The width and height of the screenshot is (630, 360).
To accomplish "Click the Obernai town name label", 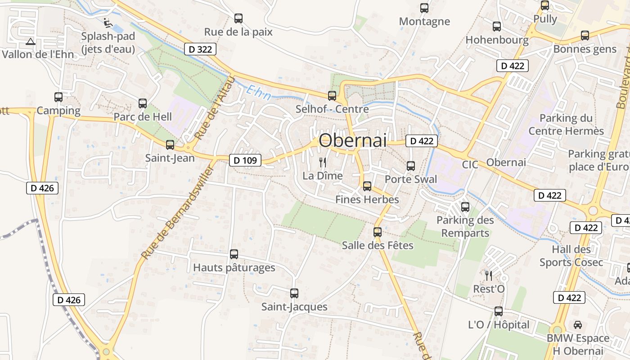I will pos(352,140).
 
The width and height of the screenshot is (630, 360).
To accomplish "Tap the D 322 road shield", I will pos(200,49).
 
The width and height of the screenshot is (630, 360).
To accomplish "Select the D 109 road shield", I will pos(245,160).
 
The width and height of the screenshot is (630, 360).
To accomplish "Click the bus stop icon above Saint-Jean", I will pos(170,145).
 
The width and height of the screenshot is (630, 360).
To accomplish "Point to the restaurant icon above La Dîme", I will pos(323,162).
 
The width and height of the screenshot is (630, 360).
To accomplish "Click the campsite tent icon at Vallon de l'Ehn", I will pos(31,42).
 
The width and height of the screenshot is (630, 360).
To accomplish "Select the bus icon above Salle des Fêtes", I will pos(378,232).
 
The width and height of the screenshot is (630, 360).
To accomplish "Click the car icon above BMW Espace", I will pos(578,324).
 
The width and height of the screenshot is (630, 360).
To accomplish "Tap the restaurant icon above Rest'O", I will pos(489,275).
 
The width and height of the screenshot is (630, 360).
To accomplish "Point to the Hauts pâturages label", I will pos(234,268).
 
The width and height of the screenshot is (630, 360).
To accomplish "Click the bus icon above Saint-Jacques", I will pos(294,293).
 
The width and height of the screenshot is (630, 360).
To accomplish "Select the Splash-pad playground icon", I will pos(107,22).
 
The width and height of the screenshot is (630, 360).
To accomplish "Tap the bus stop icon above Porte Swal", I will pos(411,166).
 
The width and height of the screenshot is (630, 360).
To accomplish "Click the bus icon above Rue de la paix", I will pos(238,18).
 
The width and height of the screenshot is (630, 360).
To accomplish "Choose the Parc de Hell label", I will pos(143,117).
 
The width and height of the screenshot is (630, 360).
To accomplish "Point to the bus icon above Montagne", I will pos(424,8).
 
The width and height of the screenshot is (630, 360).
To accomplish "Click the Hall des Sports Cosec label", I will pos(571,256).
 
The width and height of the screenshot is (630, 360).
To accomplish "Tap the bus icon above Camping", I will pos(58,97).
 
